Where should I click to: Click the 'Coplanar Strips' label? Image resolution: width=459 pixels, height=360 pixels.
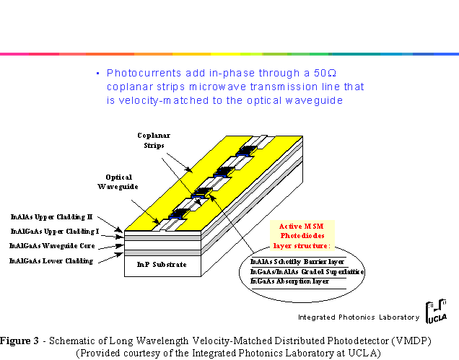pos(154,141)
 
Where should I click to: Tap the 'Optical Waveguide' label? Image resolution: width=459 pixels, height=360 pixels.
pos(118,182)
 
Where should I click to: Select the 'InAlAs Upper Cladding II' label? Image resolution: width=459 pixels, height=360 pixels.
pos(51,217)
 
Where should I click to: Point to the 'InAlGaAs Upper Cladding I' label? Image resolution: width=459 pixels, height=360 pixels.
pos(55,232)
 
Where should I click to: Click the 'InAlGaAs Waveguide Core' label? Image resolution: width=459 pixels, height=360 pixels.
pos(52,246)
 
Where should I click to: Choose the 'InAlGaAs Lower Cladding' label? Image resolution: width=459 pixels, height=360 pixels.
pos(51,260)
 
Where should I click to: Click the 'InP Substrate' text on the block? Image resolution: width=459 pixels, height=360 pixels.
pos(162,265)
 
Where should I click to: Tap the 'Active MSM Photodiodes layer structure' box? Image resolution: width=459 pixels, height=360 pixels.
pos(302,236)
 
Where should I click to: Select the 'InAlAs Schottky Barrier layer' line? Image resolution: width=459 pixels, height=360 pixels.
pos(297,261)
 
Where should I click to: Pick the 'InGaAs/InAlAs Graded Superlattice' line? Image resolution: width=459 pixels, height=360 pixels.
pos(307,271)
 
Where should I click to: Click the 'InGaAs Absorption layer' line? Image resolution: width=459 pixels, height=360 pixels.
pos(289,281)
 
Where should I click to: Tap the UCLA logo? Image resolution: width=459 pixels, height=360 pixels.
pos(436,312)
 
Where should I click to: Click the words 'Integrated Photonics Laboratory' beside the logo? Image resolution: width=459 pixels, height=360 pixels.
pos(359,317)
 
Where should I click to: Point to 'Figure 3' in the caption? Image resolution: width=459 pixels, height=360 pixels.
pos(19,341)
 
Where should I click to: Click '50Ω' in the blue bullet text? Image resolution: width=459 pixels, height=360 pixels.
pos(325,73)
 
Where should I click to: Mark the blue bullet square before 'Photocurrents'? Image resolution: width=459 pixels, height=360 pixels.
pos(98,74)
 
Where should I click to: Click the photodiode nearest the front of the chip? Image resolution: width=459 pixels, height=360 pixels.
pos(178,214)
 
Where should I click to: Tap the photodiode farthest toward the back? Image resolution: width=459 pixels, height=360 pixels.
pos(247,151)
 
